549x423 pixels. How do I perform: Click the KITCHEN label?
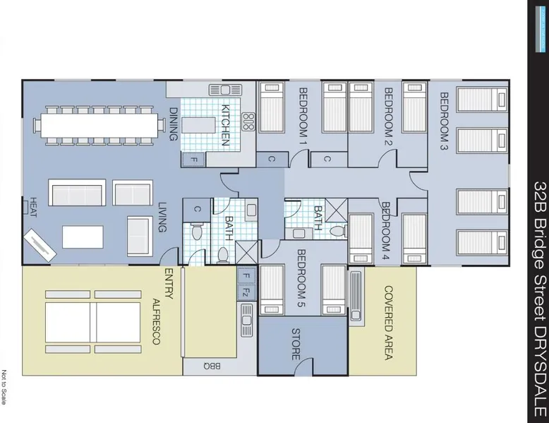[225, 125]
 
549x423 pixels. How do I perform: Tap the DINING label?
[174, 124]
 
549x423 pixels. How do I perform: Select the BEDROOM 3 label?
[444, 121]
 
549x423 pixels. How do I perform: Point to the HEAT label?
[33, 207]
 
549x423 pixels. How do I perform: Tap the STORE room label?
[296, 344]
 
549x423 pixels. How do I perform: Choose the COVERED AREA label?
[389, 323]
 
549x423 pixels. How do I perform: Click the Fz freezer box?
[246, 292]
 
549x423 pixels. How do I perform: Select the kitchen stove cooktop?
[248, 122]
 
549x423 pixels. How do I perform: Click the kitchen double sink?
[225, 90]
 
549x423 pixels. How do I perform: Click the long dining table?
[99, 126]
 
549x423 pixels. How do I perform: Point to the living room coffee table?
[83, 237]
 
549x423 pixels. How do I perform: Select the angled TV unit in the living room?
[40, 245]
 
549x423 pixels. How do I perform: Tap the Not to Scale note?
[4, 387]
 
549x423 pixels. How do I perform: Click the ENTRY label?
[169, 284]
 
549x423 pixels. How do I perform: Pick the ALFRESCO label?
[157, 322]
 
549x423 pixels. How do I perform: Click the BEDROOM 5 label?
[301, 278]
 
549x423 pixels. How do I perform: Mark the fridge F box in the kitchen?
[193, 160]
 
